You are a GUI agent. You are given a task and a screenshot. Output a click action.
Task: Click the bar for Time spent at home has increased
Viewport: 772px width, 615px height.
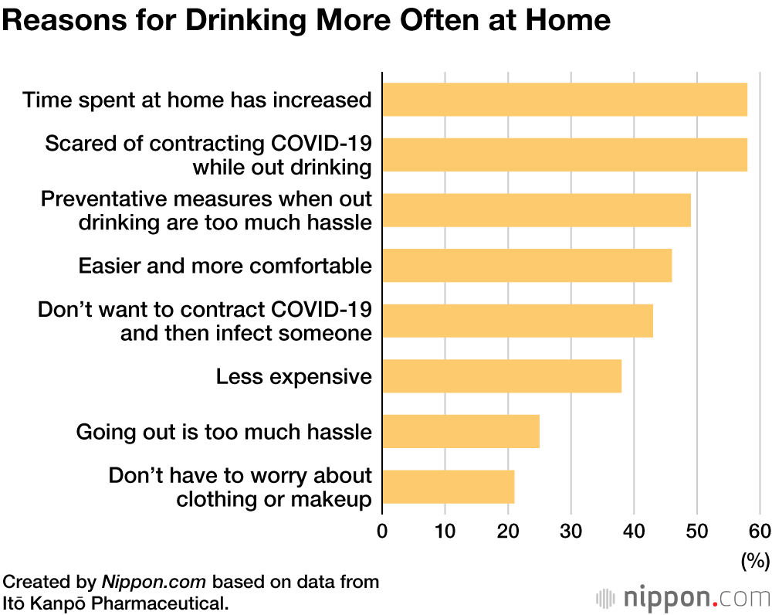coord(564,100)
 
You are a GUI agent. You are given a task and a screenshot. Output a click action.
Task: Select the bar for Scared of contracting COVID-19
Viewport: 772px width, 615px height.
coord(564,155)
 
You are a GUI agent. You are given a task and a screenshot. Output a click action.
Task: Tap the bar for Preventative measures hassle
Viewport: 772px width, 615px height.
coord(536,210)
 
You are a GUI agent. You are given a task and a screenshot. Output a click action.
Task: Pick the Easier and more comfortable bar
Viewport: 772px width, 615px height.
coord(527,265)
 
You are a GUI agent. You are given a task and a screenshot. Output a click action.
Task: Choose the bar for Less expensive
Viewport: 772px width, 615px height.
coord(502,376)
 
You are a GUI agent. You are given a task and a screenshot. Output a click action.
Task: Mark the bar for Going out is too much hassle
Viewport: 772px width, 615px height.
coord(461,431)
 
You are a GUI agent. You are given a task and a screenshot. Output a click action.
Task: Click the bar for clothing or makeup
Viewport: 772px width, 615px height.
coord(448,487)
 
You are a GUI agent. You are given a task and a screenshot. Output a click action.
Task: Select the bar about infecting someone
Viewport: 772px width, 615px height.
coord(517,321)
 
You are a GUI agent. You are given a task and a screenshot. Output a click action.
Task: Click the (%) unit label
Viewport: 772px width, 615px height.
coord(755,559)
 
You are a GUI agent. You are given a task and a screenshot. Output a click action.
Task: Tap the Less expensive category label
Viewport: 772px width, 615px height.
coord(293,377)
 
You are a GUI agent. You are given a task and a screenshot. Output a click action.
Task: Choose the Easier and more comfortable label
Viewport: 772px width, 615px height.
coord(225,266)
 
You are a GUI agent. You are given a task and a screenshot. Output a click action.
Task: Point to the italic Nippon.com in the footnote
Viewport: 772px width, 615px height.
coord(154,582)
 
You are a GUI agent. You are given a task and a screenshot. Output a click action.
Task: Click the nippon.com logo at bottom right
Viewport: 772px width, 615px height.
coord(683,597)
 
